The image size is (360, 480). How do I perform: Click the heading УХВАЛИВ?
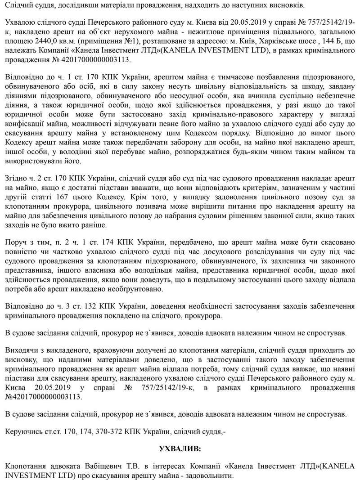180,449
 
